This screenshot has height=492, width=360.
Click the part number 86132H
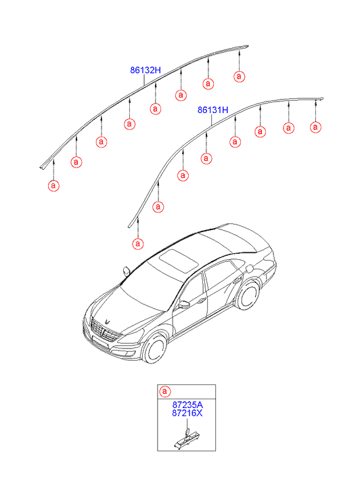click(145, 70)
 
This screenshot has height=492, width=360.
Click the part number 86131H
click(212, 110)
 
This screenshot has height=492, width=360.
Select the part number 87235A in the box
click(187, 405)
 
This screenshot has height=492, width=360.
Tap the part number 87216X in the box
click(187, 413)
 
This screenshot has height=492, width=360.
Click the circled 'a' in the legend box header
click(165, 392)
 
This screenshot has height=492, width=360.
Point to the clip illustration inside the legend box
click(187, 437)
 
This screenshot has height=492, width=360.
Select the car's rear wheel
click(248, 295)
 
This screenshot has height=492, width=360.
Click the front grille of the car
click(103, 331)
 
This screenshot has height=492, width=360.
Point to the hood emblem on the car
click(108, 321)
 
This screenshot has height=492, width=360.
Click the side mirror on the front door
click(183, 305)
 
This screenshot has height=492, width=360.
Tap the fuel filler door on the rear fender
click(249, 269)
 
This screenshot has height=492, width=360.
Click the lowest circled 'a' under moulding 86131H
click(138, 244)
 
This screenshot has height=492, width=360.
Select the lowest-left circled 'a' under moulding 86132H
click(53, 185)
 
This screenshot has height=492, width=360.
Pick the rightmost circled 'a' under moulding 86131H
click(315, 127)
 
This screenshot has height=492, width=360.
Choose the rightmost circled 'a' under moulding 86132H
click(239, 76)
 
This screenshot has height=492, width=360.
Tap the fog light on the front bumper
click(129, 354)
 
